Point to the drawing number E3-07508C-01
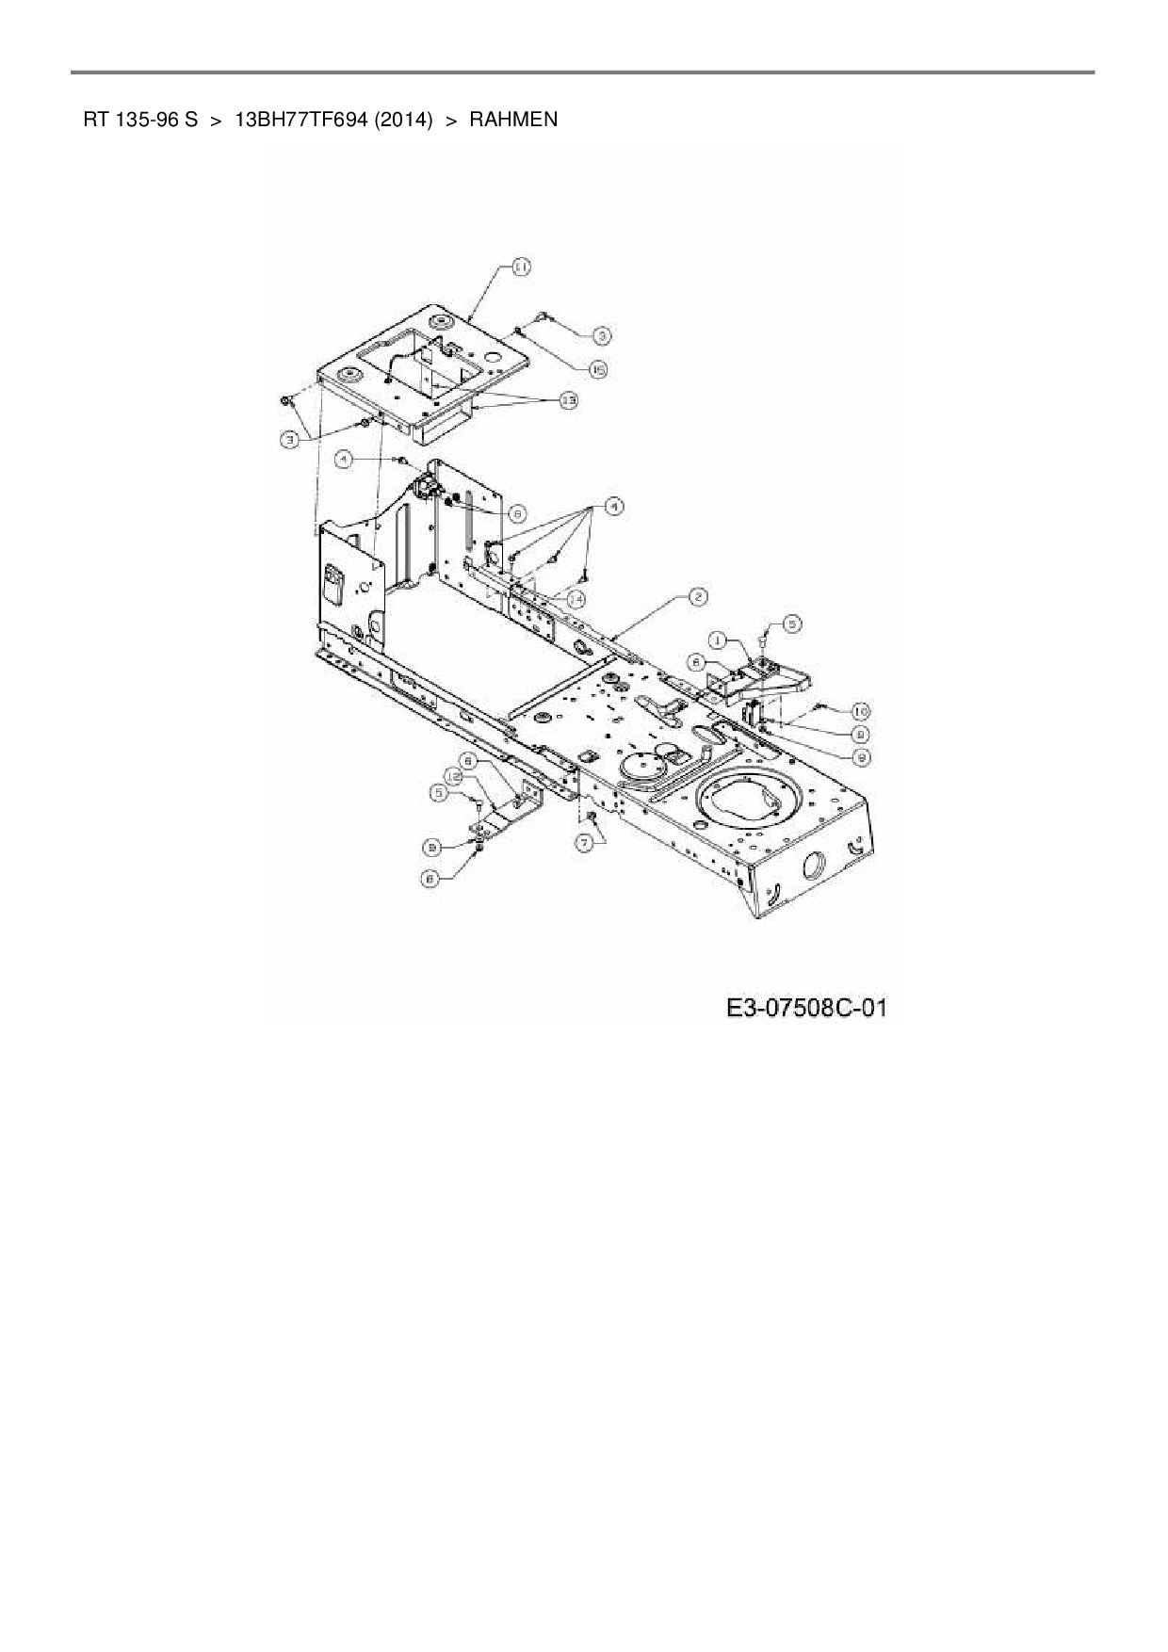coord(806,1009)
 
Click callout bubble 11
coord(520,267)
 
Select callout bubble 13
coord(568,400)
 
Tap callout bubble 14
coord(575,598)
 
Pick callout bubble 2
coord(698,596)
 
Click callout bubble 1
coord(718,640)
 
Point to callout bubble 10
coord(861,711)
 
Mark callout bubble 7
coord(586,844)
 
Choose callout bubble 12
coord(453,776)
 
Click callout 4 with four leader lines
coord(613,507)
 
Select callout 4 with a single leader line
coord(346,459)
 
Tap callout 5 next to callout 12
coord(438,793)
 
